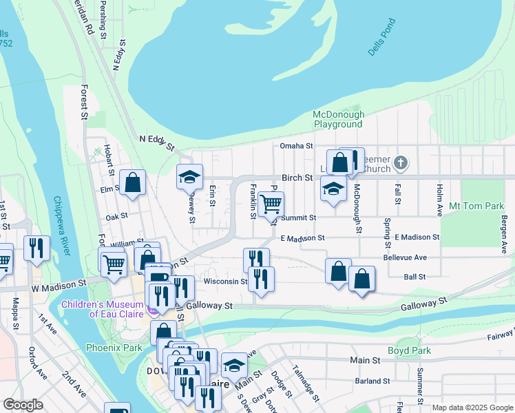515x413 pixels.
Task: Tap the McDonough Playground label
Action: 337,119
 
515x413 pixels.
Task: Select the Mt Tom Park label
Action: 476,206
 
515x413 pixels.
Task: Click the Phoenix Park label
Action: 114,348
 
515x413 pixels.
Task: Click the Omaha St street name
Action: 296,146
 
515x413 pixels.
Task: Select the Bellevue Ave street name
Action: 405,257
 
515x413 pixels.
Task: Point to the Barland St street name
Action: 372,381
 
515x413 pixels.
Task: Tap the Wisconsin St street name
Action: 224,281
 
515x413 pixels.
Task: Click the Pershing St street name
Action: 103,19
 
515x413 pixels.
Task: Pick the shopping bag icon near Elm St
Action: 133,183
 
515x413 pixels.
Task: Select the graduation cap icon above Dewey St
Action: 189,178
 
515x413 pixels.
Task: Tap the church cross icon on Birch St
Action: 402,164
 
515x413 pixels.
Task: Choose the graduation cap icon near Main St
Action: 234,366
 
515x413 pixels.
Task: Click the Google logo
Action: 23,405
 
